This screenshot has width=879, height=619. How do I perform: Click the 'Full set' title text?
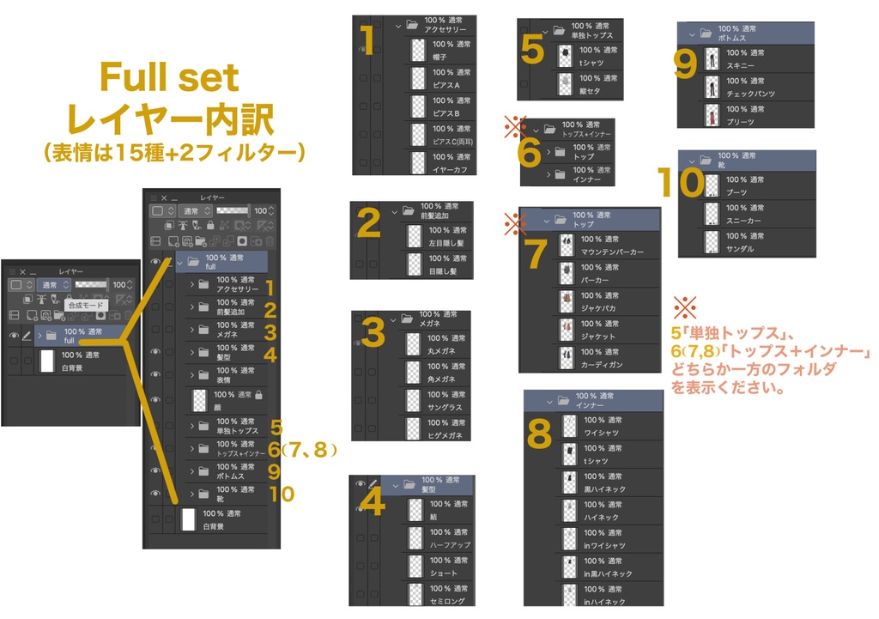pos(169,79)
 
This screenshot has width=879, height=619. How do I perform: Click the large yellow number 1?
pos(367,39)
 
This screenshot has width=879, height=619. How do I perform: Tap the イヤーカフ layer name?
pos(452,169)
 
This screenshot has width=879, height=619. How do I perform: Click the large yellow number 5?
pos(532,49)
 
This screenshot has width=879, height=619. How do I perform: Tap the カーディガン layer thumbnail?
pos(566,358)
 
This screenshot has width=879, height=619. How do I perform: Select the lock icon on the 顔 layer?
pos(258,394)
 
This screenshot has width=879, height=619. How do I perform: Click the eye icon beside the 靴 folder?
pos(155,494)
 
